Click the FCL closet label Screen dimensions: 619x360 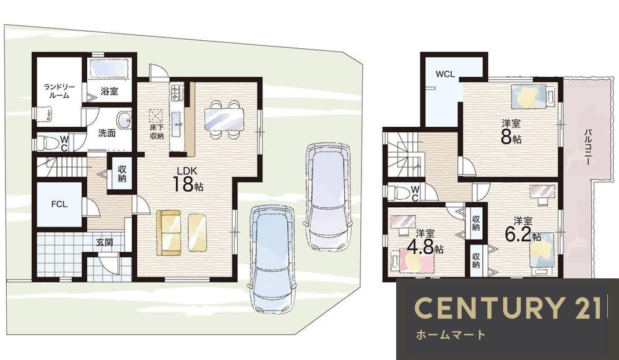pyautogui.click(x=59, y=204)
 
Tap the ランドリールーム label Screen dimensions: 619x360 pyautogui.click(x=57, y=91)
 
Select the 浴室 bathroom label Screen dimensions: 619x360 pyautogui.click(x=109, y=92)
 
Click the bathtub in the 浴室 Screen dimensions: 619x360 pyautogui.click(x=110, y=68)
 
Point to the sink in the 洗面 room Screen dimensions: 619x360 pyautogui.click(x=124, y=120)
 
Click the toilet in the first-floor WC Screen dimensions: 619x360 pyautogui.click(x=48, y=143)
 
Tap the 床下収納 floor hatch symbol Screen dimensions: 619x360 pyautogui.click(x=156, y=116)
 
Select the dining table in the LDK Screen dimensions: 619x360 pyautogui.click(x=224, y=119)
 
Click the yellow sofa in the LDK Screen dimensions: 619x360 pyautogui.click(x=168, y=233)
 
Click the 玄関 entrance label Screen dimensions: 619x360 pyautogui.click(x=105, y=242)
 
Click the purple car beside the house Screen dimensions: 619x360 pyautogui.click(x=328, y=196)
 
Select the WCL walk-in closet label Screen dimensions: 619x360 pyautogui.click(x=445, y=74)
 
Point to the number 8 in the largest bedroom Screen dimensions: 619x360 pyautogui.click(x=506, y=137)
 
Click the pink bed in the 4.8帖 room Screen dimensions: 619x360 pyautogui.click(x=417, y=260)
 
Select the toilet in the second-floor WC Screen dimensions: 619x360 pyautogui.click(x=398, y=193)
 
